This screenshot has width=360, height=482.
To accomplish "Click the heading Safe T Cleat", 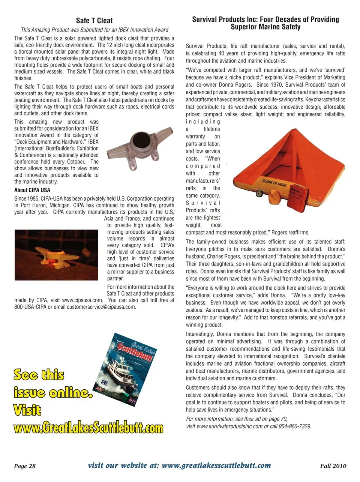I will (94, 21).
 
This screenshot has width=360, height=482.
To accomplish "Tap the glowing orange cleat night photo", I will (56, 255).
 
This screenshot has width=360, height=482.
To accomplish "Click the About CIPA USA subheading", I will (32, 190).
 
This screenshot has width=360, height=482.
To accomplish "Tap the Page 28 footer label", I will (25, 466).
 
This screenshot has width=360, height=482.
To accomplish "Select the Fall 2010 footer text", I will (333, 466).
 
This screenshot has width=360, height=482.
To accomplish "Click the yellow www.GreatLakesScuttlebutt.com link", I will (89, 428).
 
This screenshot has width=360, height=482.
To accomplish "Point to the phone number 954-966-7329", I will (295, 426).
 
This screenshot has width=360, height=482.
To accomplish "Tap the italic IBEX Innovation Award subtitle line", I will (94, 30).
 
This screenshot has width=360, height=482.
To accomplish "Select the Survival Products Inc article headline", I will (265, 23).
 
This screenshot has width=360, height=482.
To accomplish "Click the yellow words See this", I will (39, 374).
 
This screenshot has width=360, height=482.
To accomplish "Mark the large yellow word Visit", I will (27, 410).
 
